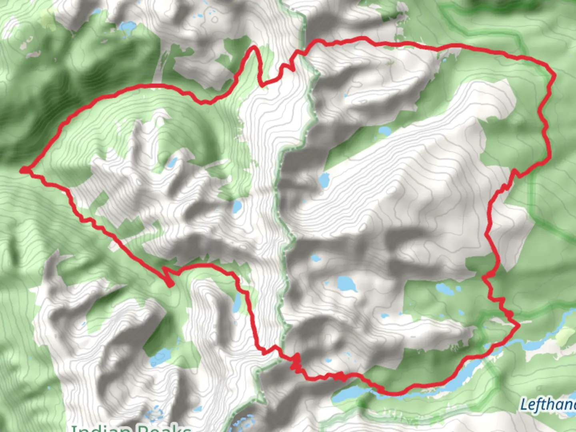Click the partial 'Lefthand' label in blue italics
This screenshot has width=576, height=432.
[548, 405]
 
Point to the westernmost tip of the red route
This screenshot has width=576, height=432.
[23, 170]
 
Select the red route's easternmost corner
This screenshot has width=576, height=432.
[554, 75]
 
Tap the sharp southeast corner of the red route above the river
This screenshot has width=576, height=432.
[519, 326]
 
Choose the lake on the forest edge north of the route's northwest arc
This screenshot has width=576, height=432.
[128, 27]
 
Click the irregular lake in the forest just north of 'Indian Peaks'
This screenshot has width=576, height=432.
[160, 356]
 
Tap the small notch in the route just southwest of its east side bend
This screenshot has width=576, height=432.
[515, 173]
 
